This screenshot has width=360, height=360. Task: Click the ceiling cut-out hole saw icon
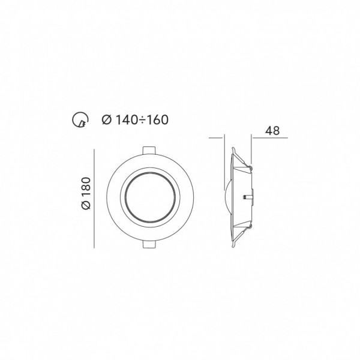pos(80,120)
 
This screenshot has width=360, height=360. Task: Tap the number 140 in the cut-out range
pos(126,119)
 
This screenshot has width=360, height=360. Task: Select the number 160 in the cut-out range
pos(157,119)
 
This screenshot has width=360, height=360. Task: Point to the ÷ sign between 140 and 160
pos(142,120)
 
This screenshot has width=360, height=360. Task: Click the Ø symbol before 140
pos(107,119)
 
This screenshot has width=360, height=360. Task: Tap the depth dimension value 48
pos(272,131)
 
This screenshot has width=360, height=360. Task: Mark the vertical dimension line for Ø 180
pos(94,199)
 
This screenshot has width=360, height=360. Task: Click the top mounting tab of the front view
pos(149,150)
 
